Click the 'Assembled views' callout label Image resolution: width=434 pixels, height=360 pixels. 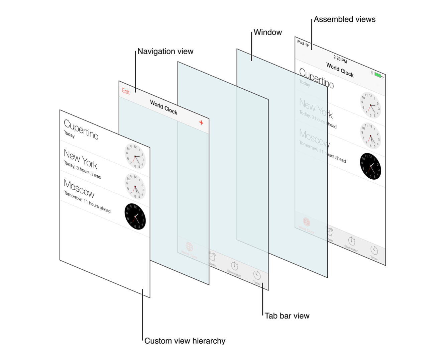coord(344,19)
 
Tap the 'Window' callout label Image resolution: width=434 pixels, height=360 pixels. coord(267,32)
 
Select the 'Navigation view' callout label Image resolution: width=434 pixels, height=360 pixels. coord(165,52)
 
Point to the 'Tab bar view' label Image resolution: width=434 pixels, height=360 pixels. coord(287,316)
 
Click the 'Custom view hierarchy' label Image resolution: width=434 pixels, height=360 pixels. coord(185,341)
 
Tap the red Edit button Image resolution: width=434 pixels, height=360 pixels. coord(126,91)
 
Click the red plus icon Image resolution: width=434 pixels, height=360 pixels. coord(201,123)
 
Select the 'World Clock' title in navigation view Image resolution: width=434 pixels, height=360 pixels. coord(164,107)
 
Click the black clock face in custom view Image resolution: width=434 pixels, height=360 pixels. coord(135,216)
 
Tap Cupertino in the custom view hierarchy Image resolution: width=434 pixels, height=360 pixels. coord(81,129)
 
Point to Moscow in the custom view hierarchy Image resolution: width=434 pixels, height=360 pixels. coord(79,188)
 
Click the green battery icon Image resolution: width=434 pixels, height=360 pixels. coord(378,75)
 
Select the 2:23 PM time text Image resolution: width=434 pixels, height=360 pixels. coord(340,60)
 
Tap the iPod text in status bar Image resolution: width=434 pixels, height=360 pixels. coord(300,42)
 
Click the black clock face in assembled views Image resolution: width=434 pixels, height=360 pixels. coord(370,166)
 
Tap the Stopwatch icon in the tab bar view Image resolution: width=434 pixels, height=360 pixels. coord(234,266)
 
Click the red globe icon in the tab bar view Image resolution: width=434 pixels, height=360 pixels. coord(189,247)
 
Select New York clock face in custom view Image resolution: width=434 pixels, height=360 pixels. coord(135,156)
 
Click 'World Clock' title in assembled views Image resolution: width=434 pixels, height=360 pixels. coord(340,70)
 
